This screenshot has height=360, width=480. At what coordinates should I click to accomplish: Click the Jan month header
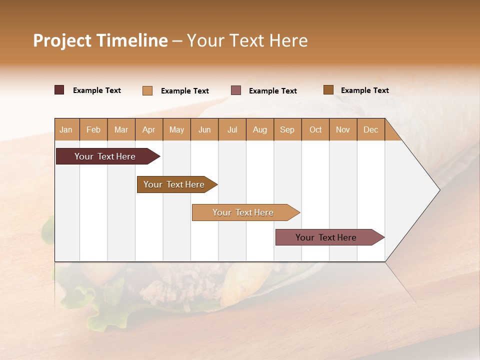[66, 129]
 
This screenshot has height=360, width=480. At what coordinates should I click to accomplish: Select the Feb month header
[93, 129]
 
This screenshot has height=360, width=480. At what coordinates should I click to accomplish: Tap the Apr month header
[149, 129]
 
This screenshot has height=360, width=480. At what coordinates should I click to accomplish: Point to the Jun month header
[204, 129]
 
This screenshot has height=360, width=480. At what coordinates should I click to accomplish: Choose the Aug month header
[260, 129]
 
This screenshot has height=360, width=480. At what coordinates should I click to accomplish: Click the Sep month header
[287, 129]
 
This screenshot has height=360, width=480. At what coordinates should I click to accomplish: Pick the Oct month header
[315, 129]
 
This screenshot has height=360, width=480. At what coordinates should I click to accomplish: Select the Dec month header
[371, 129]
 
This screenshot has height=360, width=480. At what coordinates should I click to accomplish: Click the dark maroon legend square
[59, 90]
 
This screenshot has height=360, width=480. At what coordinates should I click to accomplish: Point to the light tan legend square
[147, 90]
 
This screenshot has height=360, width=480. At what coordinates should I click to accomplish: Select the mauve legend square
[236, 90]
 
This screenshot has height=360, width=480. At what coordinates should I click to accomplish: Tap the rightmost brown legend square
[328, 90]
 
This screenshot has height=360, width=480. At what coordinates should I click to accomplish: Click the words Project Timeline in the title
[100, 40]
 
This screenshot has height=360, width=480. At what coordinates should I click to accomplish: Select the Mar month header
[121, 129]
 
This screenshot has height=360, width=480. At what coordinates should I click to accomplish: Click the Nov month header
[343, 129]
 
